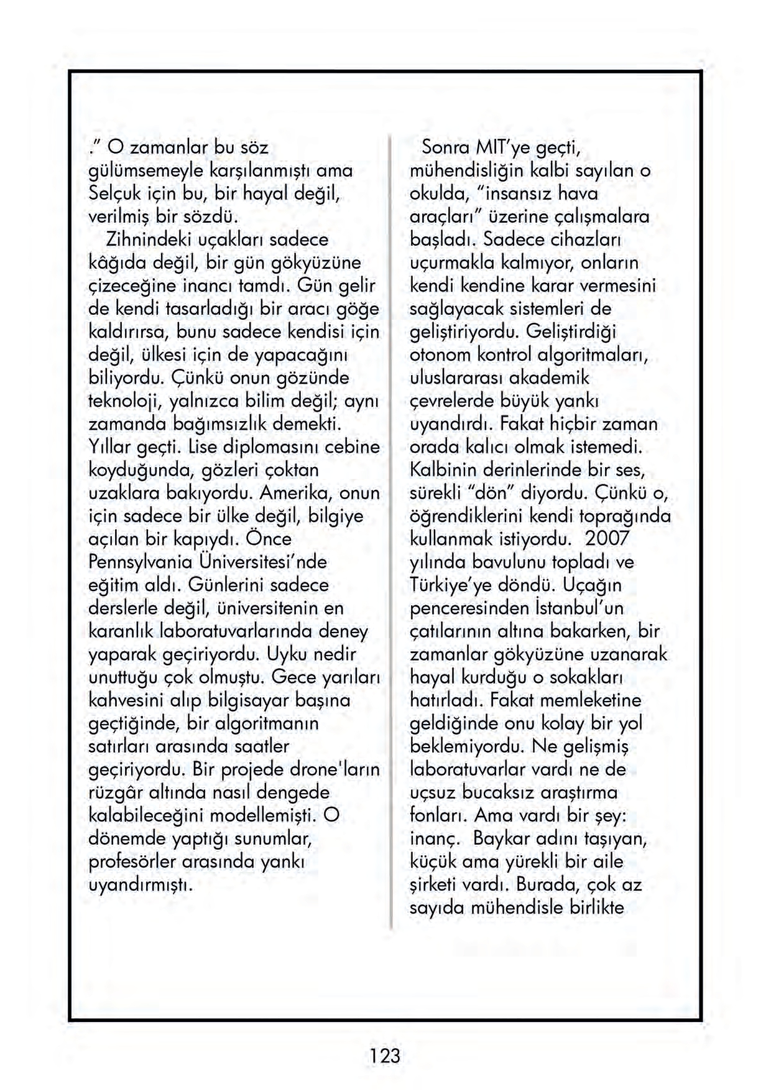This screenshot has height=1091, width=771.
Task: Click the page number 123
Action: coord(385,1056)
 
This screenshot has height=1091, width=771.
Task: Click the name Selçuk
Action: coord(114,193)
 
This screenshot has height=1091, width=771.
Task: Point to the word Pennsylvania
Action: coord(141,562)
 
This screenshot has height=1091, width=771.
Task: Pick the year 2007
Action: coord(607,539)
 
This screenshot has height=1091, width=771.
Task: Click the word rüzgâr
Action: coord(116,793)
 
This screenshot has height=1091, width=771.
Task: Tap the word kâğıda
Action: coord(118,262)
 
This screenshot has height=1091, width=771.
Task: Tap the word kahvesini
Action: coord(126,700)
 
